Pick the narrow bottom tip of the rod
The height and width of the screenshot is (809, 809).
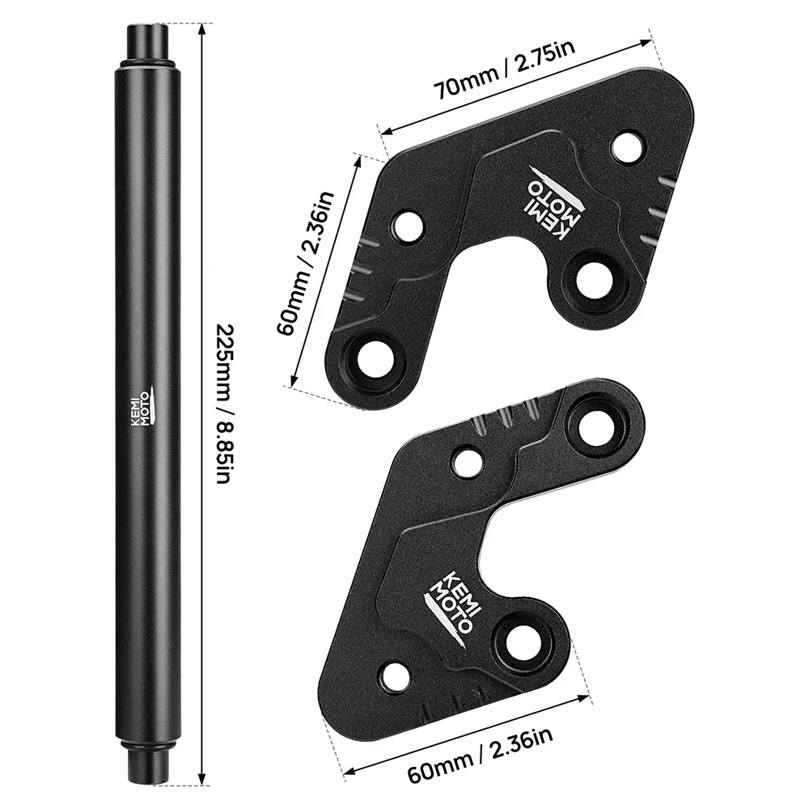point(147,777)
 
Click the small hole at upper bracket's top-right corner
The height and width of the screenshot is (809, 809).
point(626,147)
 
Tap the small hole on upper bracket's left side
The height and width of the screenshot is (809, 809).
point(408,224)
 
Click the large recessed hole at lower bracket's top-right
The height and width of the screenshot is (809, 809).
point(595,423)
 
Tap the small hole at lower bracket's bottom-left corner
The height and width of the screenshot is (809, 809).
point(396,677)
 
